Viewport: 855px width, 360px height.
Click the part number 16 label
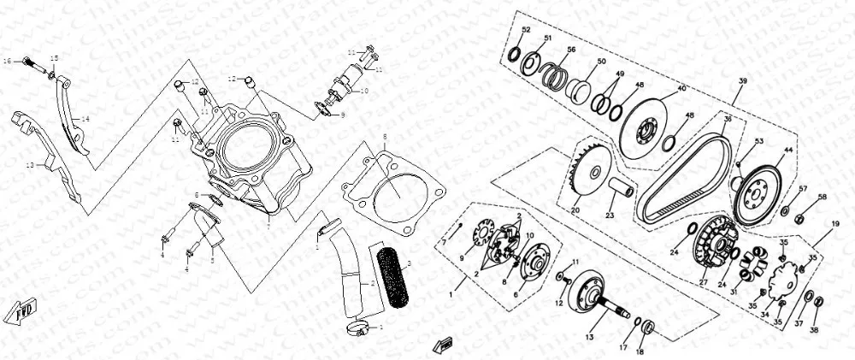pyautogui.click(x=6, y=62)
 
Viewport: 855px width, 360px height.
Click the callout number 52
pyautogui.click(x=527, y=30)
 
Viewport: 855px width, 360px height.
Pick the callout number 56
pyautogui.click(x=571, y=50)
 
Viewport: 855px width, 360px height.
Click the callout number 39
pyautogui.click(x=742, y=80)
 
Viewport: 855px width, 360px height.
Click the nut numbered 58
pyautogui.click(x=799, y=218)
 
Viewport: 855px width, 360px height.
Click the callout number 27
pyautogui.click(x=704, y=282)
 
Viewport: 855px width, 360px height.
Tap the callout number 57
pyautogui.click(x=803, y=188)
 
